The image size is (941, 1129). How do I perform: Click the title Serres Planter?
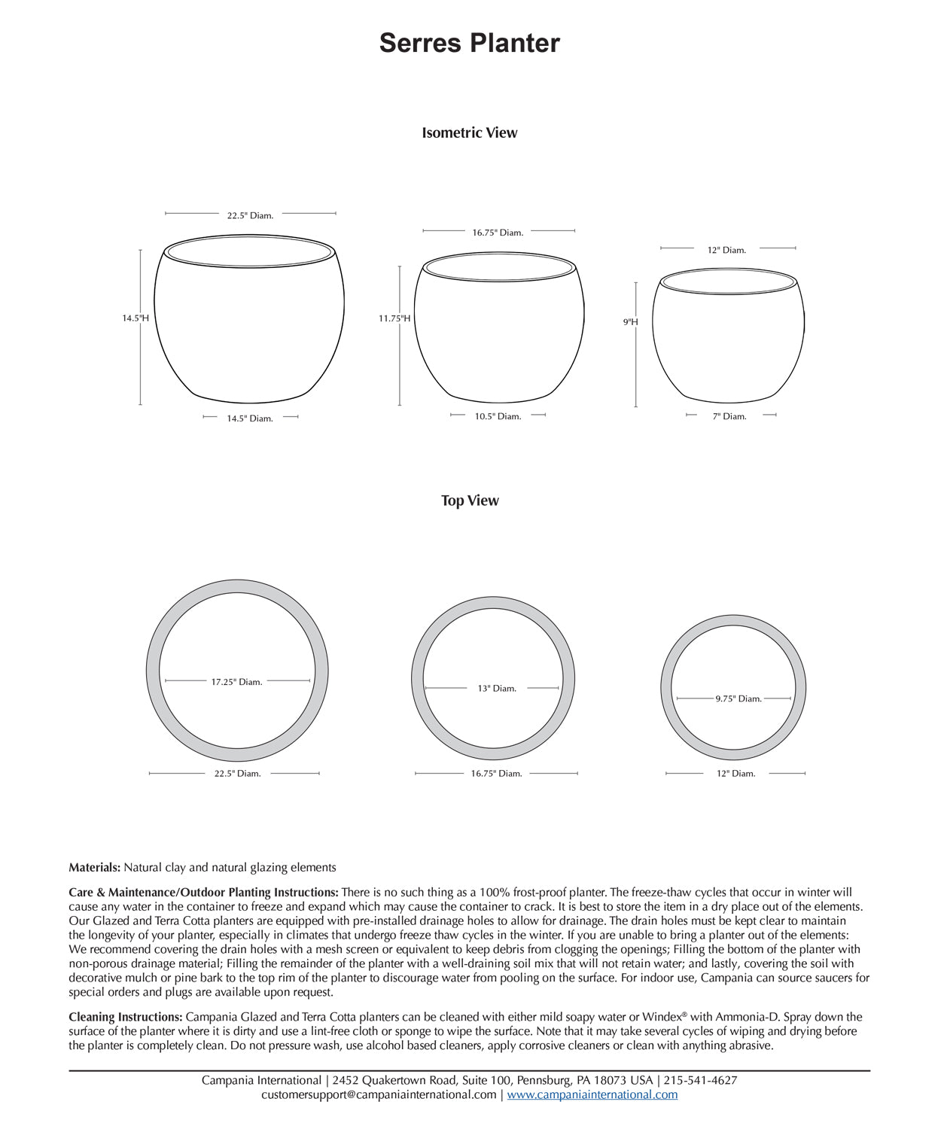(469, 43)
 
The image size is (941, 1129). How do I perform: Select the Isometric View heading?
(469, 132)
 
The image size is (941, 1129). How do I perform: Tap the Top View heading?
(470, 501)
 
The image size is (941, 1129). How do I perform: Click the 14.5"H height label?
(136, 318)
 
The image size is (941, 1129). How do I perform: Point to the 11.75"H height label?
(394, 318)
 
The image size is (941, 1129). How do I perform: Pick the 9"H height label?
(630, 322)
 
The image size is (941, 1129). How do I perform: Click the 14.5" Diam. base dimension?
(250, 418)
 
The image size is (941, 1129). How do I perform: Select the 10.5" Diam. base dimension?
(498, 416)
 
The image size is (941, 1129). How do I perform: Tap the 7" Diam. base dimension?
(729, 416)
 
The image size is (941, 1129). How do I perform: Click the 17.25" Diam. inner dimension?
(236, 682)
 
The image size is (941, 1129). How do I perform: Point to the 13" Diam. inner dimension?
(497, 689)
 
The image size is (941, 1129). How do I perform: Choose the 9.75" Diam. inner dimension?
(738, 698)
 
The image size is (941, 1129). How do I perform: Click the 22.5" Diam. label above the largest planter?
(250, 215)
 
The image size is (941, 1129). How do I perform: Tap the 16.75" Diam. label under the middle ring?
(496, 774)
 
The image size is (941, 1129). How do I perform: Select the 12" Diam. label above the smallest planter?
(726, 250)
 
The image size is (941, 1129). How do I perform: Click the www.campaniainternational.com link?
(592, 1094)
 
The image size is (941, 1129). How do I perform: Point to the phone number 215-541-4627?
(700, 1080)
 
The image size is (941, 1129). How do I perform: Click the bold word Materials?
(94, 867)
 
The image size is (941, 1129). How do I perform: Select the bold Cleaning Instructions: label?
(125, 1017)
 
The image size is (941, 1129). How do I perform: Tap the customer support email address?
(379, 1094)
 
